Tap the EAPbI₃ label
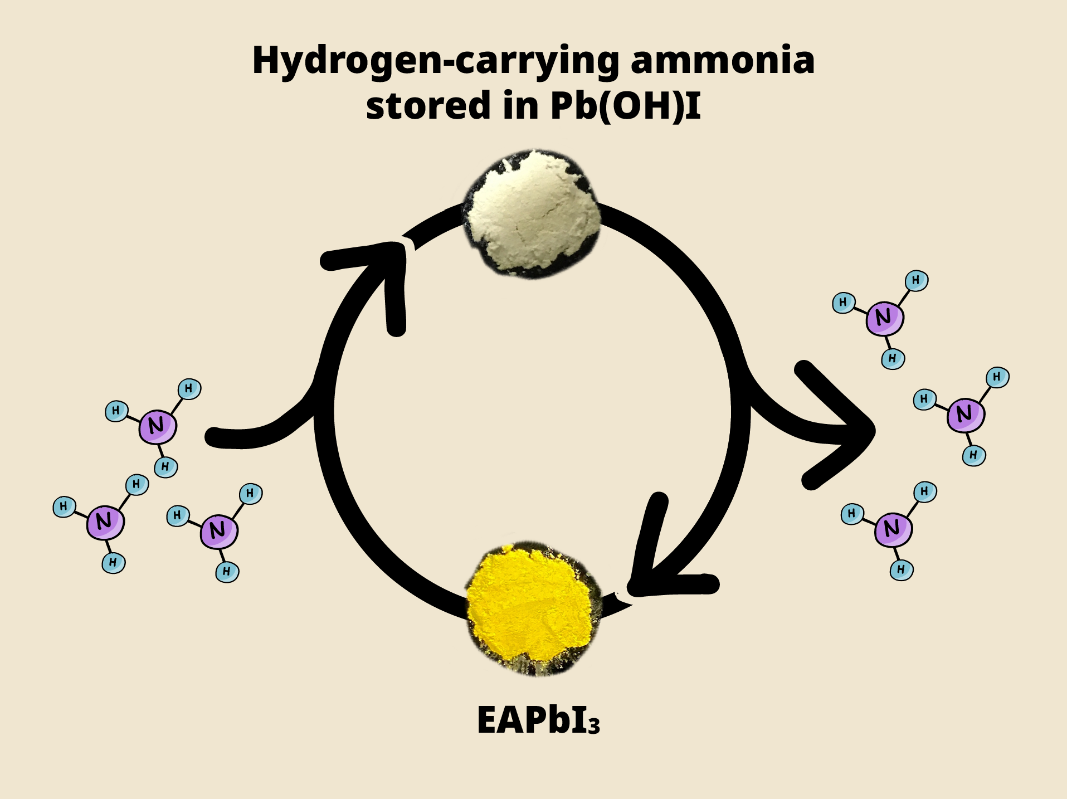click(x=538, y=720)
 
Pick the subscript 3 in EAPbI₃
click(x=594, y=726)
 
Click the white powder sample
click(x=532, y=215)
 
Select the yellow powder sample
click(x=532, y=607)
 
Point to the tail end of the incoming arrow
click(x=215, y=437)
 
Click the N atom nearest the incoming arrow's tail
click(x=158, y=427)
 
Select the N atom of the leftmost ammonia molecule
click(x=105, y=522)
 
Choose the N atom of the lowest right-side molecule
click(x=893, y=529)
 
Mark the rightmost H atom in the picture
click(x=997, y=377)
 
